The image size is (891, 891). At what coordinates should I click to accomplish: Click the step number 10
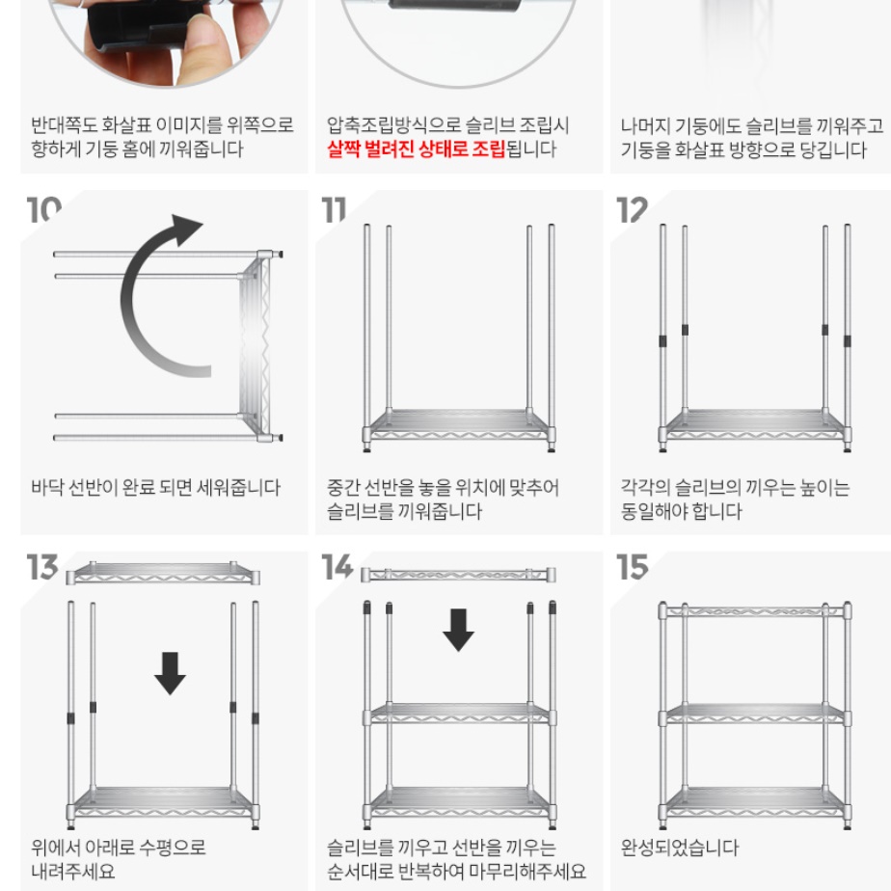tap(43, 209)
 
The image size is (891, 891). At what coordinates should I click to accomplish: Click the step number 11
tap(334, 209)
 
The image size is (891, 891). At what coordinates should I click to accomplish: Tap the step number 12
tap(633, 209)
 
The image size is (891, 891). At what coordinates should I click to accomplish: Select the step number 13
tap(43, 568)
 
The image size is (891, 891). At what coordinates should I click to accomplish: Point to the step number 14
tap(337, 568)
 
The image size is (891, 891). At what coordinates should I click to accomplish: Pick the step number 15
tap(633, 568)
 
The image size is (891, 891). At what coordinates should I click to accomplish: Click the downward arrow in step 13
tap(171, 672)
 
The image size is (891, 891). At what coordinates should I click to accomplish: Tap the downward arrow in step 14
tap(458, 629)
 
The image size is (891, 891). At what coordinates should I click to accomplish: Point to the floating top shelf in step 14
tap(458, 575)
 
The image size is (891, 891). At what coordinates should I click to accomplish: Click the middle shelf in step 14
tap(459, 714)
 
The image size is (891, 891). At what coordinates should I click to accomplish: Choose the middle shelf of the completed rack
tap(754, 714)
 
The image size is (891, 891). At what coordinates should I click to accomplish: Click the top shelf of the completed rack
tap(754, 610)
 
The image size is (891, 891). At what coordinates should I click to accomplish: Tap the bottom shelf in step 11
tap(459, 424)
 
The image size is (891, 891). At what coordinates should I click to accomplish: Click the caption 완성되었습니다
tap(679, 848)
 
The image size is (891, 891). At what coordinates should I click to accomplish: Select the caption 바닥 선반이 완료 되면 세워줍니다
tap(155, 488)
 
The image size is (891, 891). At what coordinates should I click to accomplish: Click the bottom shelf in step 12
tap(754, 424)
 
